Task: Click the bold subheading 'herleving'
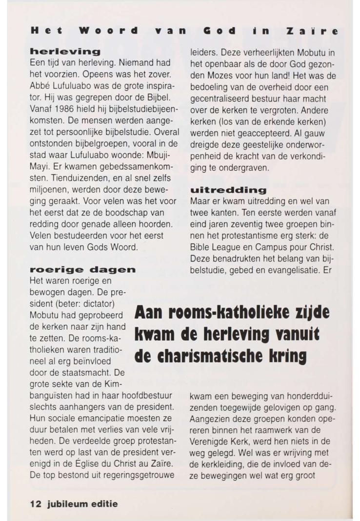65,51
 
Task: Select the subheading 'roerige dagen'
82,269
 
